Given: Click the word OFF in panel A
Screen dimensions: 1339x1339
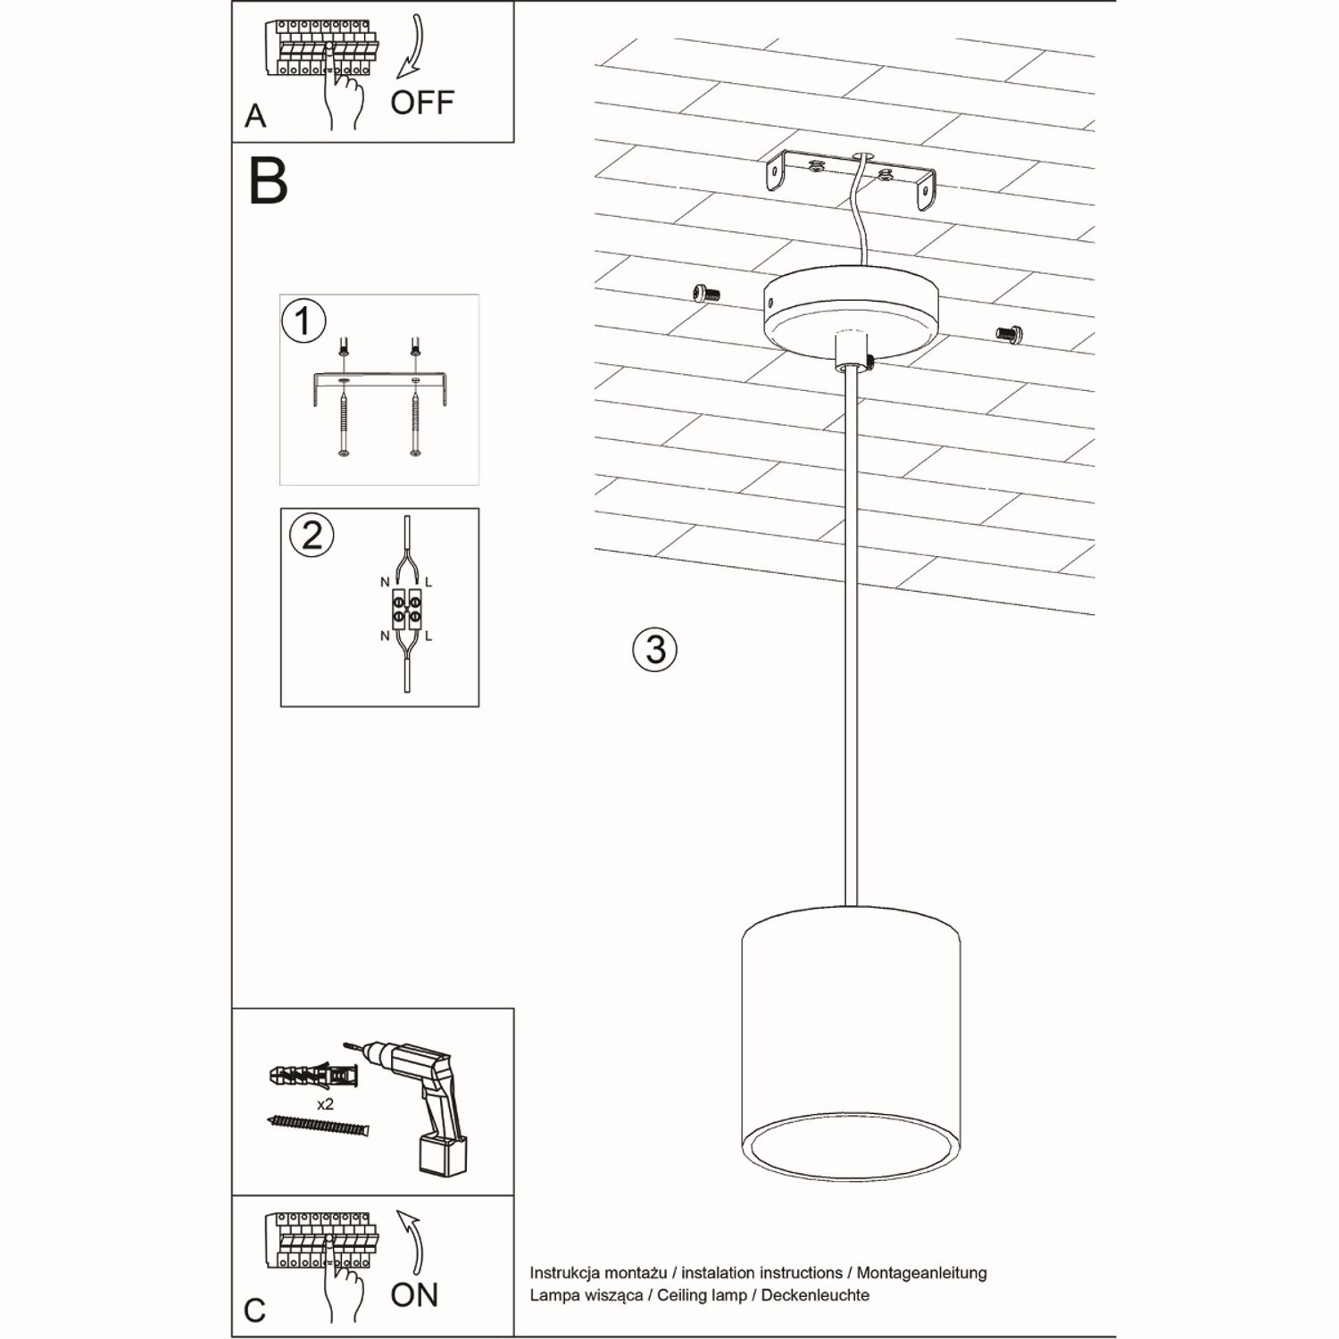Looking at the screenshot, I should (422, 103).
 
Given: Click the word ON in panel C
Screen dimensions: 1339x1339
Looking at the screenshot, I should (414, 1294).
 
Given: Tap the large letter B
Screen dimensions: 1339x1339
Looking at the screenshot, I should (268, 182).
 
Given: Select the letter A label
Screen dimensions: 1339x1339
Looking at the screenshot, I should (255, 116).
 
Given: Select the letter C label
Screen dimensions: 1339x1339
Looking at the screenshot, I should (254, 1310).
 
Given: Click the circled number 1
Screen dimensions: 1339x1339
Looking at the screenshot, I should (304, 321).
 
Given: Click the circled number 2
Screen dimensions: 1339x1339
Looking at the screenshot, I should (312, 536).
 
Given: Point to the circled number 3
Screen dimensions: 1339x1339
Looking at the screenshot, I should (654, 649).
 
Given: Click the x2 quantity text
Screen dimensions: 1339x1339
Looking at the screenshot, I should (325, 1104).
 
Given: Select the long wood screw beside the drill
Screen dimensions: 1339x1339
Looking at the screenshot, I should (318, 1126).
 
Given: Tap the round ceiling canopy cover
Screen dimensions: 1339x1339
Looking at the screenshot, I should (850, 312).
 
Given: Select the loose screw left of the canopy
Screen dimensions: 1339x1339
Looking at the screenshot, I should (706, 293).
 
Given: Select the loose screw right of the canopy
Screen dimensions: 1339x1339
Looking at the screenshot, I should (1010, 334).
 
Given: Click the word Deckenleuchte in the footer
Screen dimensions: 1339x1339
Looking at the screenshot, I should (815, 1295).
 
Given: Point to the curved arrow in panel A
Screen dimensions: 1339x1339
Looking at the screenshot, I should (412, 49).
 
